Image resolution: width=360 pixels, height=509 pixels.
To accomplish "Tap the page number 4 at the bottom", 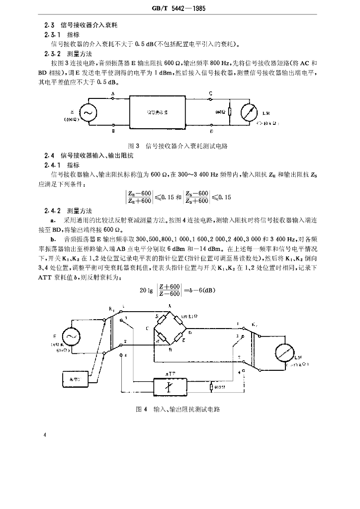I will [x=45, y=435].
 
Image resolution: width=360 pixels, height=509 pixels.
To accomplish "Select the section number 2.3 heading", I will [x=48, y=23].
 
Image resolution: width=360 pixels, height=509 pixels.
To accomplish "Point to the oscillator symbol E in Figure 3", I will [x=88, y=113].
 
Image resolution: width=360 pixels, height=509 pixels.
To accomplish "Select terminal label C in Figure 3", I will [x=211, y=93].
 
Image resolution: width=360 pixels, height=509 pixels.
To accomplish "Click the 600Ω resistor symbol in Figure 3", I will [x=230, y=113].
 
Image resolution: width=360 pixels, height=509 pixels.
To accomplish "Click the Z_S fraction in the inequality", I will [x=197, y=197].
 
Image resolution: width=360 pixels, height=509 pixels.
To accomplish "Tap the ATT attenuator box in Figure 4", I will [x=170, y=386].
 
